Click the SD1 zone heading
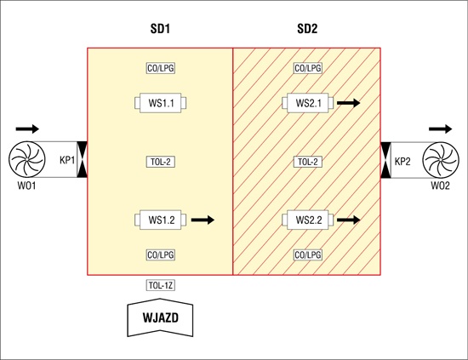click(160, 29)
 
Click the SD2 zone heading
click(307, 29)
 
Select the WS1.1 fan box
click(161, 103)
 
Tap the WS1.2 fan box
click(161, 220)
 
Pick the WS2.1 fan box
click(308, 103)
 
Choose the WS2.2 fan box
click(308, 220)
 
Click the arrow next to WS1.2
click(203, 220)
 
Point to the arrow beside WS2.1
click(349, 103)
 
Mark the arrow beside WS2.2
click(349, 220)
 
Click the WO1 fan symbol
click(27, 159)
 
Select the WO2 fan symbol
click(441, 160)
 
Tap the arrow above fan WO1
click(27, 129)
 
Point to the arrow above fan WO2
click(441, 129)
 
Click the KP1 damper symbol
click(82, 159)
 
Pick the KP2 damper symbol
click(385, 160)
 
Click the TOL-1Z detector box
click(161, 285)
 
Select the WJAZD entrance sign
click(160, 317)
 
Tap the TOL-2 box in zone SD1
click(161, 162)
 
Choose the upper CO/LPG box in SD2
click(308, 68)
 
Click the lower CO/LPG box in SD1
click(161, 255)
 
